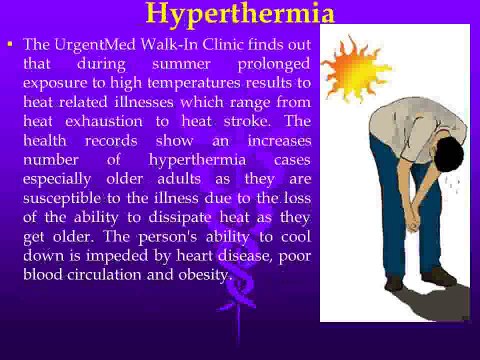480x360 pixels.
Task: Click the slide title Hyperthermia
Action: pyautogui.click(x=240, y=13)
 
